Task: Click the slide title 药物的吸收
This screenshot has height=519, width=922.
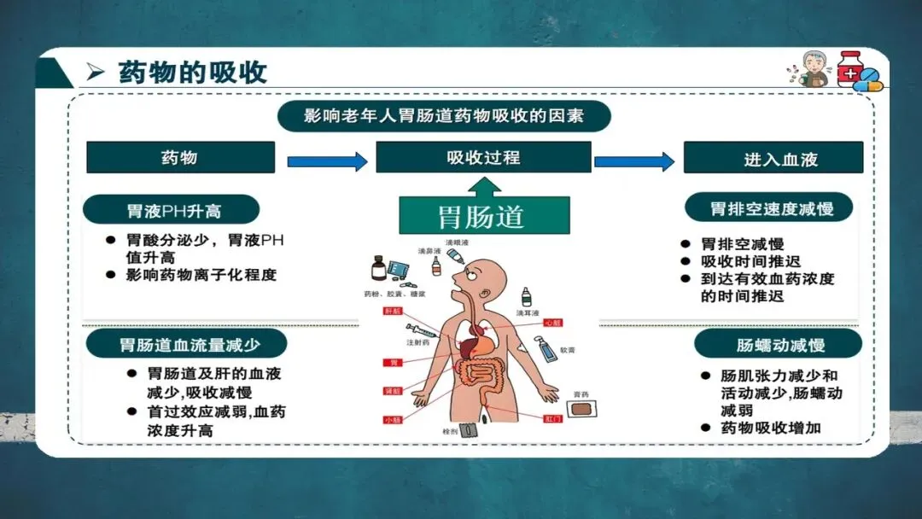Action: coord(192,72)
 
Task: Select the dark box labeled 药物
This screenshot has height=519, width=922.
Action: coord(180,158)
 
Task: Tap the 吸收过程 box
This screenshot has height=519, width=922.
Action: coord(483,157)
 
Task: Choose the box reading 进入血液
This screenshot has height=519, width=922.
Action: coord(773,159)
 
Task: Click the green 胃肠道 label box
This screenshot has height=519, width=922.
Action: coord(483,217)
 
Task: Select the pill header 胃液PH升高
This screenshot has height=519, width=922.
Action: coord(171,209)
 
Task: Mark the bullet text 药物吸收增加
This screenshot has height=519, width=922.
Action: coord(771,428)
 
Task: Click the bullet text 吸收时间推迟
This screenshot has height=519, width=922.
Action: coord(751,261)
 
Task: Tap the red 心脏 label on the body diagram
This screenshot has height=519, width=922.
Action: coord(552,323)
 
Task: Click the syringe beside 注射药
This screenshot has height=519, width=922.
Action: coord(422,329)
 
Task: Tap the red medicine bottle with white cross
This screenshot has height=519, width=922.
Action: coord(849,68)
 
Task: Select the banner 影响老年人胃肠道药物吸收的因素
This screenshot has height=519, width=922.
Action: coord(444,116)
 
